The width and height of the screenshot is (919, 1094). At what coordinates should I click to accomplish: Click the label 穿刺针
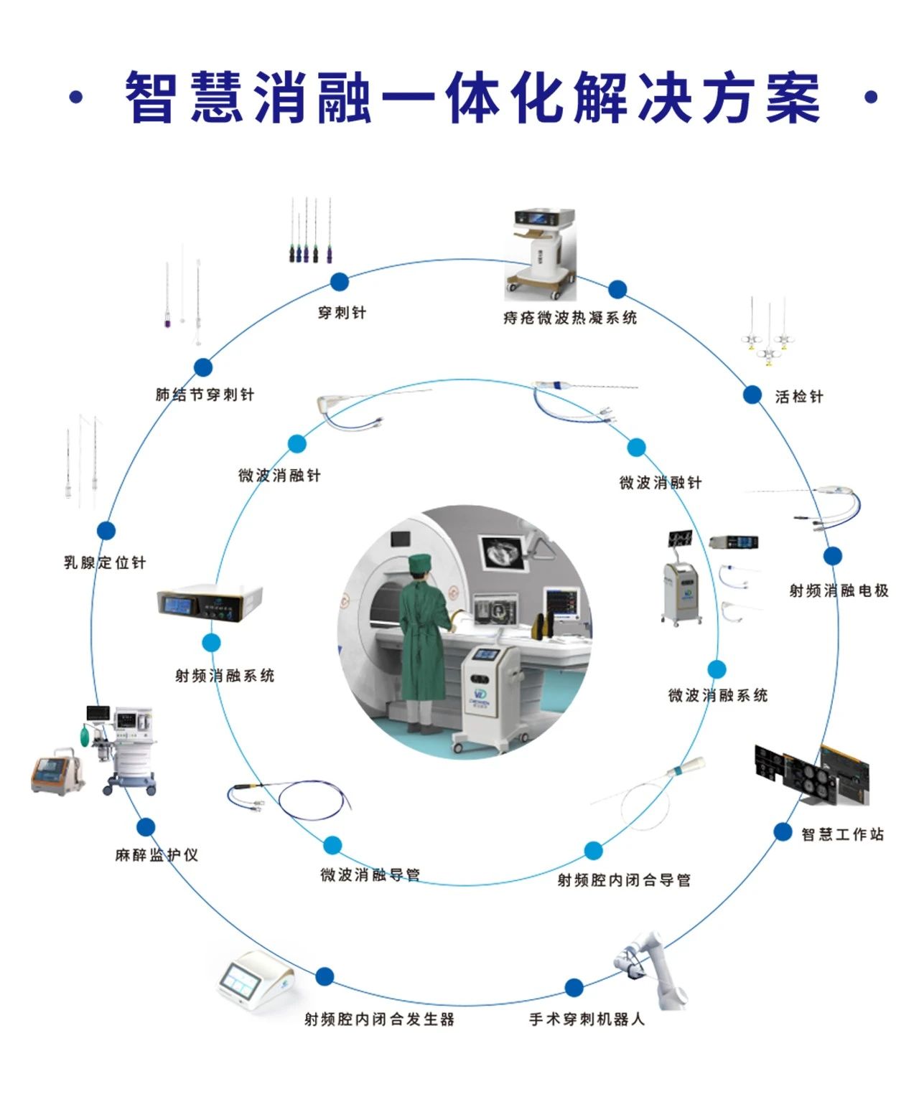pos(342,313)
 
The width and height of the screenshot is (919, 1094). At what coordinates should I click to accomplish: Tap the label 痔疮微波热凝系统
pos(570,318)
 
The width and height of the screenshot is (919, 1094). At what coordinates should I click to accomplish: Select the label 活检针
pos(798,397)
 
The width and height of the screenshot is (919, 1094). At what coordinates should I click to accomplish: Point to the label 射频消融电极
pos(839,590)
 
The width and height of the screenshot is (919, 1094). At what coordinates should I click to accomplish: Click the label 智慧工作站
pos(842,834)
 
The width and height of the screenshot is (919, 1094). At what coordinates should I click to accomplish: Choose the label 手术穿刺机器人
pos(587,1019)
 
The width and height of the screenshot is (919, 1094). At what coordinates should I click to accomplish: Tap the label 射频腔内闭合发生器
pos(379,1019)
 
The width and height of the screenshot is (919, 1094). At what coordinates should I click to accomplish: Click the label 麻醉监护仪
pos(157,855)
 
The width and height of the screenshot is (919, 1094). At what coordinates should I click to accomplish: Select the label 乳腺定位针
pos(105,563)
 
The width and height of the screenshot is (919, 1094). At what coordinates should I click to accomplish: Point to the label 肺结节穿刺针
pos(205,395)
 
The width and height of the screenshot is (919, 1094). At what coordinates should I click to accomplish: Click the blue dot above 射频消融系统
pos(211,642)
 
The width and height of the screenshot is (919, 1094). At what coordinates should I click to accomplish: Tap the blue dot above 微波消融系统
pos(717,669)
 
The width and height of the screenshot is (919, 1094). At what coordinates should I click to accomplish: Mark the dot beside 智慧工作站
pos(783,831)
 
